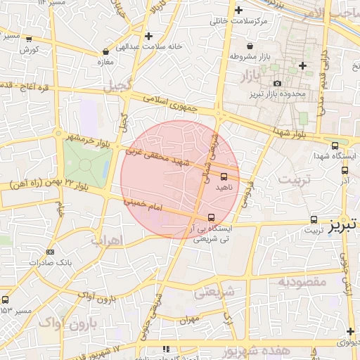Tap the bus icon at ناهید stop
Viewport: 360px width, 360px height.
224,176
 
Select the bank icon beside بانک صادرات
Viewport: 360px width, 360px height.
49,252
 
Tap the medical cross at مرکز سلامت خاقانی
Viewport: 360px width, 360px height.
239,10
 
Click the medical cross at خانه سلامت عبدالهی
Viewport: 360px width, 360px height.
148,35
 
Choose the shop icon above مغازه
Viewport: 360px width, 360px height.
105,51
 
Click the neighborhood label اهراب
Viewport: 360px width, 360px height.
107,240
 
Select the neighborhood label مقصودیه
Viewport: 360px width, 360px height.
302,282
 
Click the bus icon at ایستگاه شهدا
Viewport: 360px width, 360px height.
335,146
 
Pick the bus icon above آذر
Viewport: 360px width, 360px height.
345,169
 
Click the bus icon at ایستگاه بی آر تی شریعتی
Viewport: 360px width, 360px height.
212,217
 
